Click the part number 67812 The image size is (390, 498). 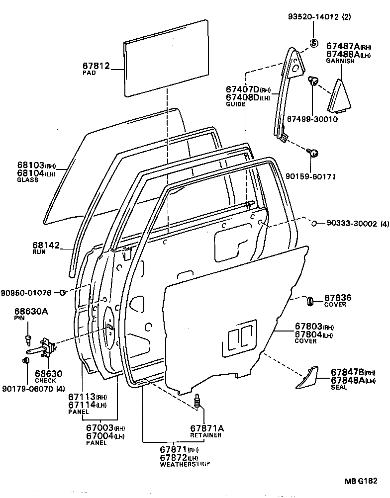coord(96,66)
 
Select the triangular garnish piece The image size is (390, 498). coord(340,95)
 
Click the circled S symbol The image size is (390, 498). coord(314,43)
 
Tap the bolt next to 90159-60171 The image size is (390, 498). coord(313,153)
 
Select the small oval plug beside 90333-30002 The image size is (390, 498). coord(314,224)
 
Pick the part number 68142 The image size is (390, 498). coord(46,245)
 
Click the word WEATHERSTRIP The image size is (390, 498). coord(185,464)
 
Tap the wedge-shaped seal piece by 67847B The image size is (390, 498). coord(307,377)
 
